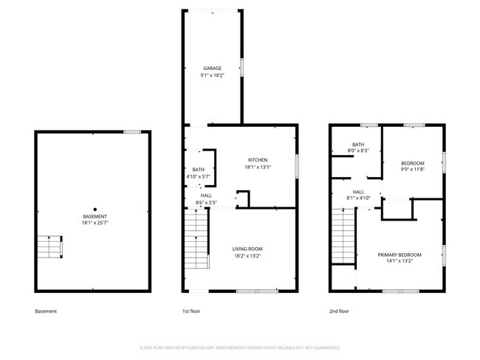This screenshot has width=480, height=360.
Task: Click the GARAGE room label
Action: pos(212,68)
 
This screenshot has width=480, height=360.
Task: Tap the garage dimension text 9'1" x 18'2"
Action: pos(212,75)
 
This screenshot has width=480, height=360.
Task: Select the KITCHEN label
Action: pos(257,160)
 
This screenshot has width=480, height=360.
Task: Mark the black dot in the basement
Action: pos(95,209)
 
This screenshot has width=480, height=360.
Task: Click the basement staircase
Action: pos(50,247)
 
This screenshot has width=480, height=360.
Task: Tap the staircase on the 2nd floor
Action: pos(343,236)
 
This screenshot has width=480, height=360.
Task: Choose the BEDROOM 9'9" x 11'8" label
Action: pos(412,163)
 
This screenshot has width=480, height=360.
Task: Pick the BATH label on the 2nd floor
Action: pos(358,145)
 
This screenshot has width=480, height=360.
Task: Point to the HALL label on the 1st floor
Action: pos(196,195)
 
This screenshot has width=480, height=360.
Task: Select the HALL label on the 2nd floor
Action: pos(358,192)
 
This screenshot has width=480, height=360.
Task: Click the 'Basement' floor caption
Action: pos(46,311)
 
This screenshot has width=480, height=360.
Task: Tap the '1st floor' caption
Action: pos(191,311)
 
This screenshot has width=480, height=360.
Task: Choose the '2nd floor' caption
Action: pos(339,311)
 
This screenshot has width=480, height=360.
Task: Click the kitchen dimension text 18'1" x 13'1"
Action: pos(257,167)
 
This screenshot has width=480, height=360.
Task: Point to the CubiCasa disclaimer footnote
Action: pos(239,347)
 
